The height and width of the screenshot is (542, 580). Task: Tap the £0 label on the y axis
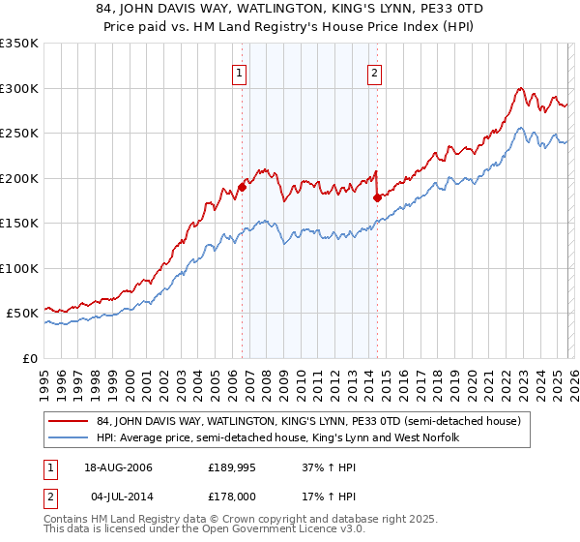[29, 358]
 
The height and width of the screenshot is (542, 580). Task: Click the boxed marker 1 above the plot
[239, 71]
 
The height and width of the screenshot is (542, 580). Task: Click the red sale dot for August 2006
[243, 187]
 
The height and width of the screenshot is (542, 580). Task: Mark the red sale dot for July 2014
[377, 197]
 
